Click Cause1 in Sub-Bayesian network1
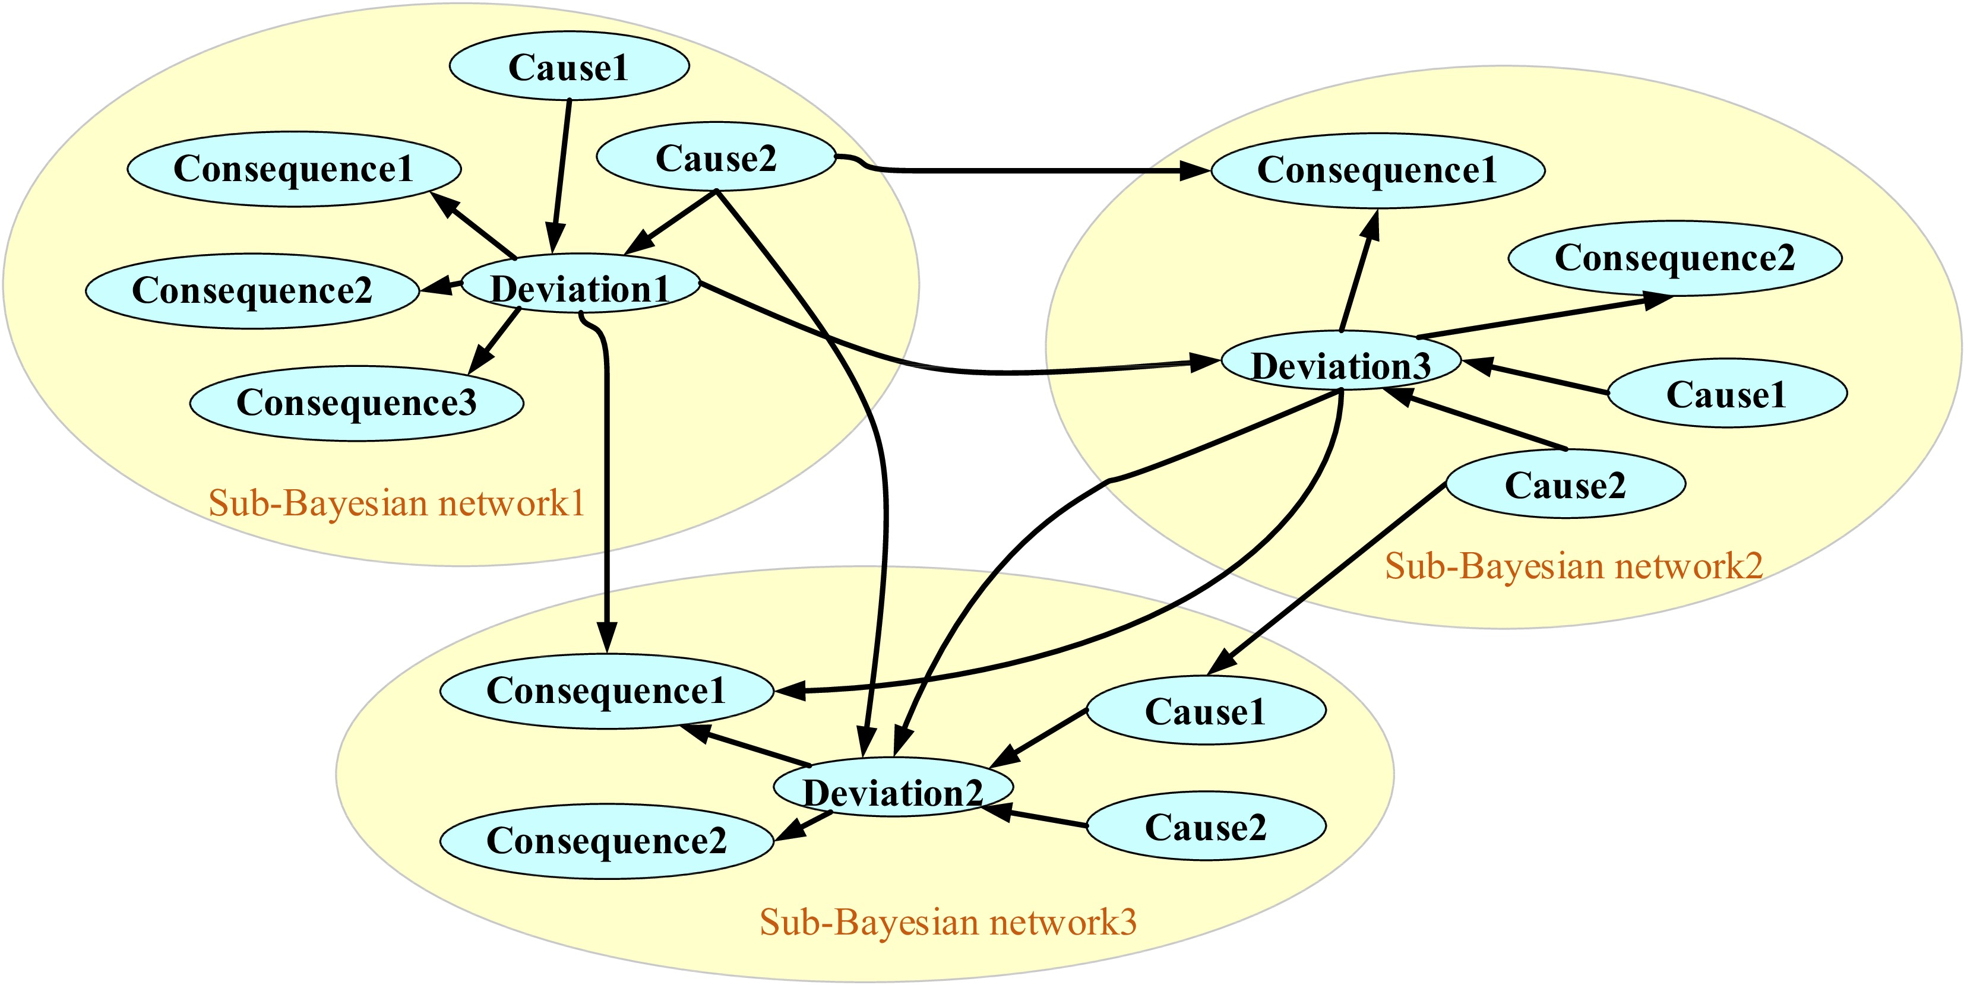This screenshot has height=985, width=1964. coord(569,66)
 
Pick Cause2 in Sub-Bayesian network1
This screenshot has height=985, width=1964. coord(715,158)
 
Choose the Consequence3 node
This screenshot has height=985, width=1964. coord(356,403)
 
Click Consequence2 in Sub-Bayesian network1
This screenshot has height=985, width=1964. coord(252,290)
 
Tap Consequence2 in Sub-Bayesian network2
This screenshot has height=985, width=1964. coord(1674,258)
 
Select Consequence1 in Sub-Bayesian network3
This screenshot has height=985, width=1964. coord(606,691)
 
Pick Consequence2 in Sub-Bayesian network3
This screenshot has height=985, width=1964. coord(606,841)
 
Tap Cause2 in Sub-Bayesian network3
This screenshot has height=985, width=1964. coord(1206,827)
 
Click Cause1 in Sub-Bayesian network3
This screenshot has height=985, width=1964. coord(1206,711)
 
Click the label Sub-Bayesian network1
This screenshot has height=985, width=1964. coord(397,503)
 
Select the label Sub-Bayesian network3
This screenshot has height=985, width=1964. coord(948,921)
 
